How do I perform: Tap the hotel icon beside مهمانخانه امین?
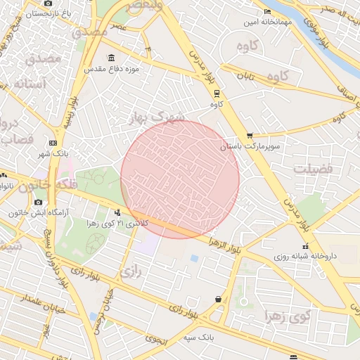pyautogui.click(x=267, y=12)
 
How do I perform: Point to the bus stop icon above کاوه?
pyautogui.click(x=216, y=93)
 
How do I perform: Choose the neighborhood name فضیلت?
pyautogui.click(x=311, y=169)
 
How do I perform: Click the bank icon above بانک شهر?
pyautogui.click(x=53, y=143)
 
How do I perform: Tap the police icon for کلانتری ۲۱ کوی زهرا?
pyautogui.click(x=117, y=212)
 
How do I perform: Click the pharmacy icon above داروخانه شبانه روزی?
pyautogui.click(x=305, y=246)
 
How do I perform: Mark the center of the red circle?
pyautogui.click(x=180, y=179)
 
